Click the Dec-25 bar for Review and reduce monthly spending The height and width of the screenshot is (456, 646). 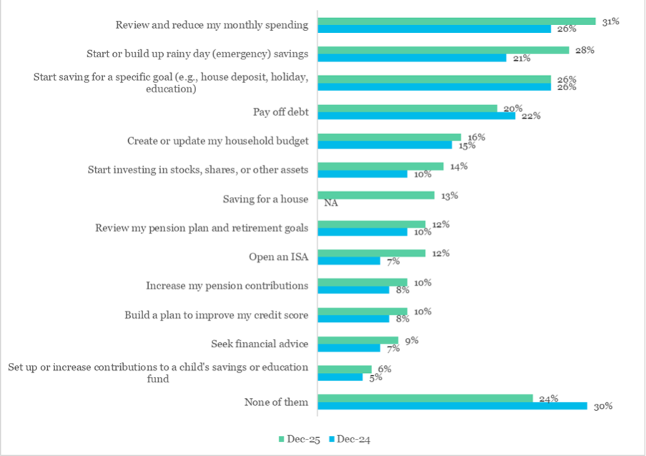coord(456,21)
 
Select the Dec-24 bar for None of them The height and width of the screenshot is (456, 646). coord(452,406)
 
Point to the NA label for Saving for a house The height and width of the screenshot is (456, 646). coord(331,203)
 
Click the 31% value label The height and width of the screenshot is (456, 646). coord(610,21)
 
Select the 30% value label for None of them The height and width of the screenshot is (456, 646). coord(603,406)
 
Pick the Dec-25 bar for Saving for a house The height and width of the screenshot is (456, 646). coord(376,195)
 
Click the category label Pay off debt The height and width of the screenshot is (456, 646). coord(280,112)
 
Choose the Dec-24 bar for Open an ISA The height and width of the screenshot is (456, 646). coord(348,261)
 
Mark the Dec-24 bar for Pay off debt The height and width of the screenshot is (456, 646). coord(416,115)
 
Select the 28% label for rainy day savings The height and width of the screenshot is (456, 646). coord(584,50)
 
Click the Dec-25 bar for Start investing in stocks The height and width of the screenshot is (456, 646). coord(380,166)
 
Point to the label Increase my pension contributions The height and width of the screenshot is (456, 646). coord(227,286)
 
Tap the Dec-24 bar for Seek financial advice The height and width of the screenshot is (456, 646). coord(348,348)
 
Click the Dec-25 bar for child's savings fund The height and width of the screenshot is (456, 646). coord(344,369)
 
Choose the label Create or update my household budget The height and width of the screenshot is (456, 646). coord(217,141)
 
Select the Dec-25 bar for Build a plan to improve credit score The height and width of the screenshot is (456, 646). coord(362,311)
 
